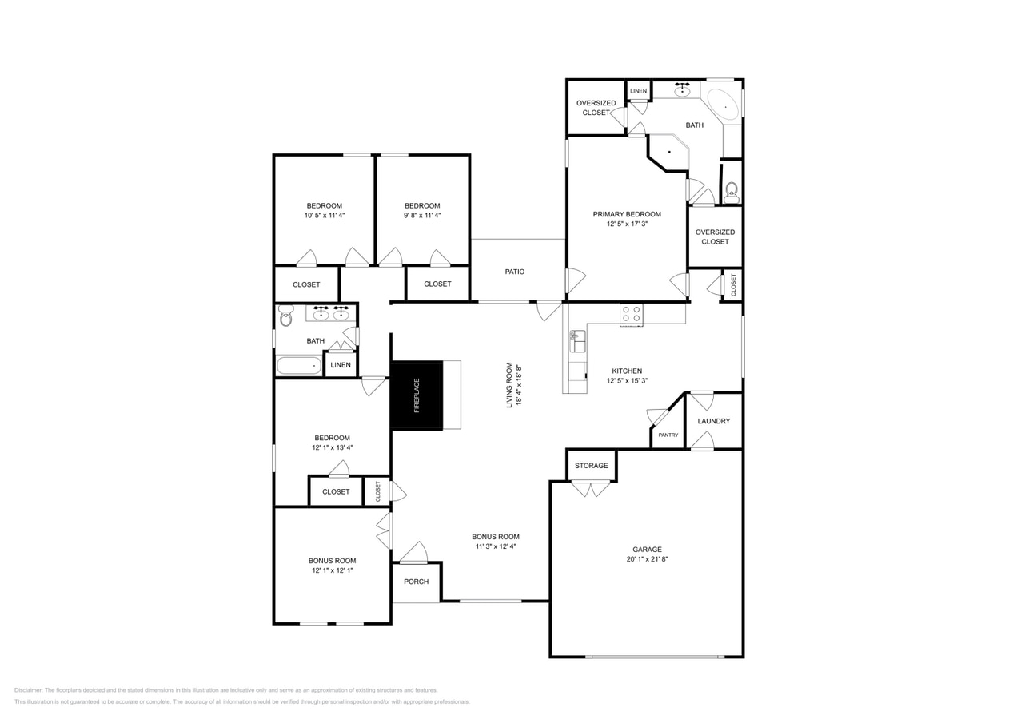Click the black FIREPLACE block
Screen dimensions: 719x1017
click(416, 395)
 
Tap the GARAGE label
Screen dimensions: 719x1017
click(647, 550)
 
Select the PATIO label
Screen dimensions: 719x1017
click(515, 272)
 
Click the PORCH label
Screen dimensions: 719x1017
click(416, 582)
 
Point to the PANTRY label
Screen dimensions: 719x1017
click(668, 435)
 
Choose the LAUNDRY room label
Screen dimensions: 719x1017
click(713, 421)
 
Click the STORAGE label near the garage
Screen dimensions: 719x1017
click(591, 466)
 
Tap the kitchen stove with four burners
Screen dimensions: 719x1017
click(631, 314)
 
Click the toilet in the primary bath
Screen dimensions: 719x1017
click(731, 193)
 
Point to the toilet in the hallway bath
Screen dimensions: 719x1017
click(286, 316)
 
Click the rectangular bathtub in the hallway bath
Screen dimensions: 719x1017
click(299, 366)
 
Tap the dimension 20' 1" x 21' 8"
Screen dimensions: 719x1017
click(647, 559)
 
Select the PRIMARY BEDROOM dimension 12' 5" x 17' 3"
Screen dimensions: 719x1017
click(627, 224)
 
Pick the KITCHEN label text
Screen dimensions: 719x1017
click(627, 371)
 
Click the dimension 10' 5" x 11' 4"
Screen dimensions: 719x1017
click(325, 215)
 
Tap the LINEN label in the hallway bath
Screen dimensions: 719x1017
click(341, 365)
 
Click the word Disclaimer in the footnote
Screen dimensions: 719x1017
click(28, 690)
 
